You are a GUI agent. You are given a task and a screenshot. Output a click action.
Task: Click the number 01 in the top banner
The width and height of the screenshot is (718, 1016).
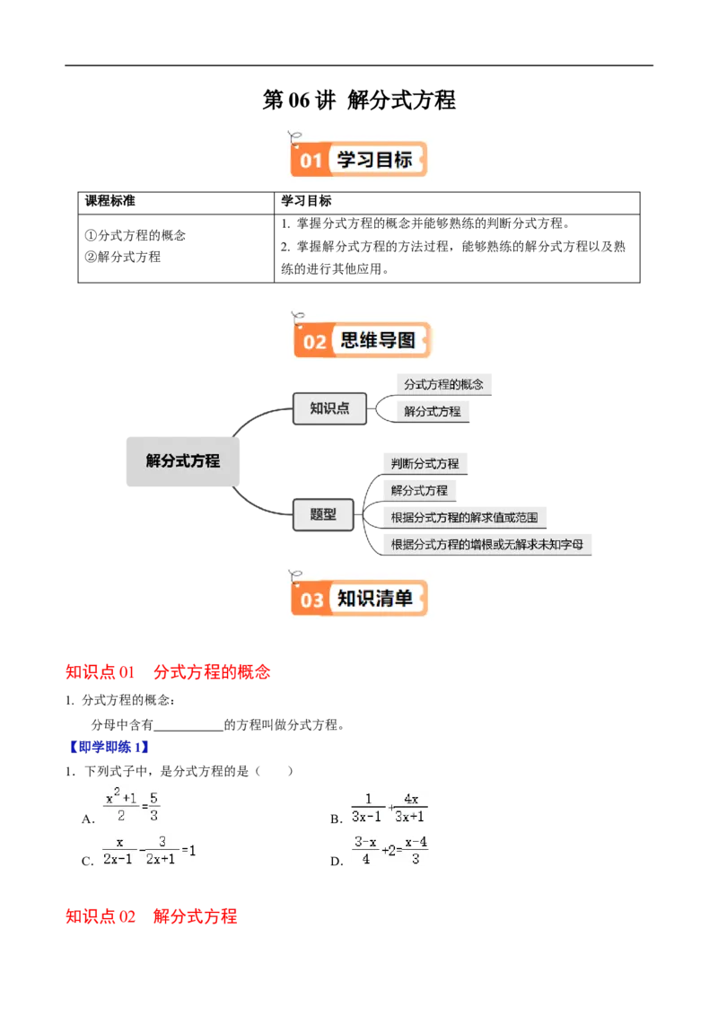click(311, 162)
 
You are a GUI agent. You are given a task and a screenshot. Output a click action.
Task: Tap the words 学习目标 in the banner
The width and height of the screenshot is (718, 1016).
click(374, 160)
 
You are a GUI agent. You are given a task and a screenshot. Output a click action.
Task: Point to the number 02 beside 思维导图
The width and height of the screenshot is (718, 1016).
click(315, 342)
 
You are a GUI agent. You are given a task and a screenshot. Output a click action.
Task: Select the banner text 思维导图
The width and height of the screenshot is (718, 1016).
click(379, 340)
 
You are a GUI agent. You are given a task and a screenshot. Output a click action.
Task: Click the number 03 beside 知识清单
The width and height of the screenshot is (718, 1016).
click(311, 600)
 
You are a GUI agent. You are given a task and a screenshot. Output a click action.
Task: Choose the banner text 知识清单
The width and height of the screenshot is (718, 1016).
click(375, 598)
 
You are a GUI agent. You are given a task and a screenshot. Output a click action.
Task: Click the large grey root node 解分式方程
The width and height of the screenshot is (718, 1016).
click(183, 460)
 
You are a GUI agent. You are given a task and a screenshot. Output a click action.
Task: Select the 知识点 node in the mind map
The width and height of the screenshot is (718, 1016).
click(329, 408)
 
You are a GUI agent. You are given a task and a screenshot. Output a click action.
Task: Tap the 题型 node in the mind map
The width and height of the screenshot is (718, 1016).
click(323, 514)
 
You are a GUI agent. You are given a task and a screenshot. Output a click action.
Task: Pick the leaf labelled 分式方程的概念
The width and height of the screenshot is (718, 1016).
click(443, 384)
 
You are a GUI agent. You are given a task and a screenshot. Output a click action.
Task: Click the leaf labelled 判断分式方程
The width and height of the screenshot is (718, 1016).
click(425, 464)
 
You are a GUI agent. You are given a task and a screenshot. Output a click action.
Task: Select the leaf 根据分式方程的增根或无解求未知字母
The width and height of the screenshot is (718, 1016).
click(487, 544)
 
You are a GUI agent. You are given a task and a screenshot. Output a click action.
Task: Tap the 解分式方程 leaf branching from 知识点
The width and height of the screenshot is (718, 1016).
click(432, 411)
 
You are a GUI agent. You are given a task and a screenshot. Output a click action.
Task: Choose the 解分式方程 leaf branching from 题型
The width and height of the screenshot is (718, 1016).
click(419, 491)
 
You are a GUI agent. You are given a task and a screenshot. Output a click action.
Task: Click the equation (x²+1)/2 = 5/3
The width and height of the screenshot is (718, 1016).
click(133, 805)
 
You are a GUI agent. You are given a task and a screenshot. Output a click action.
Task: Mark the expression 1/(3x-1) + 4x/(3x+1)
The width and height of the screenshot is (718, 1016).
click(388, 808)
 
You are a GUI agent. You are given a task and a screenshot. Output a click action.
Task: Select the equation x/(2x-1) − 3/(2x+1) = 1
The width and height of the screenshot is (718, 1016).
click(150, 850)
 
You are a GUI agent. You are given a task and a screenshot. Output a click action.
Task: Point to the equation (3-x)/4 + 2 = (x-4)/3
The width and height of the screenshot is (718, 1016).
click(388, 850)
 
